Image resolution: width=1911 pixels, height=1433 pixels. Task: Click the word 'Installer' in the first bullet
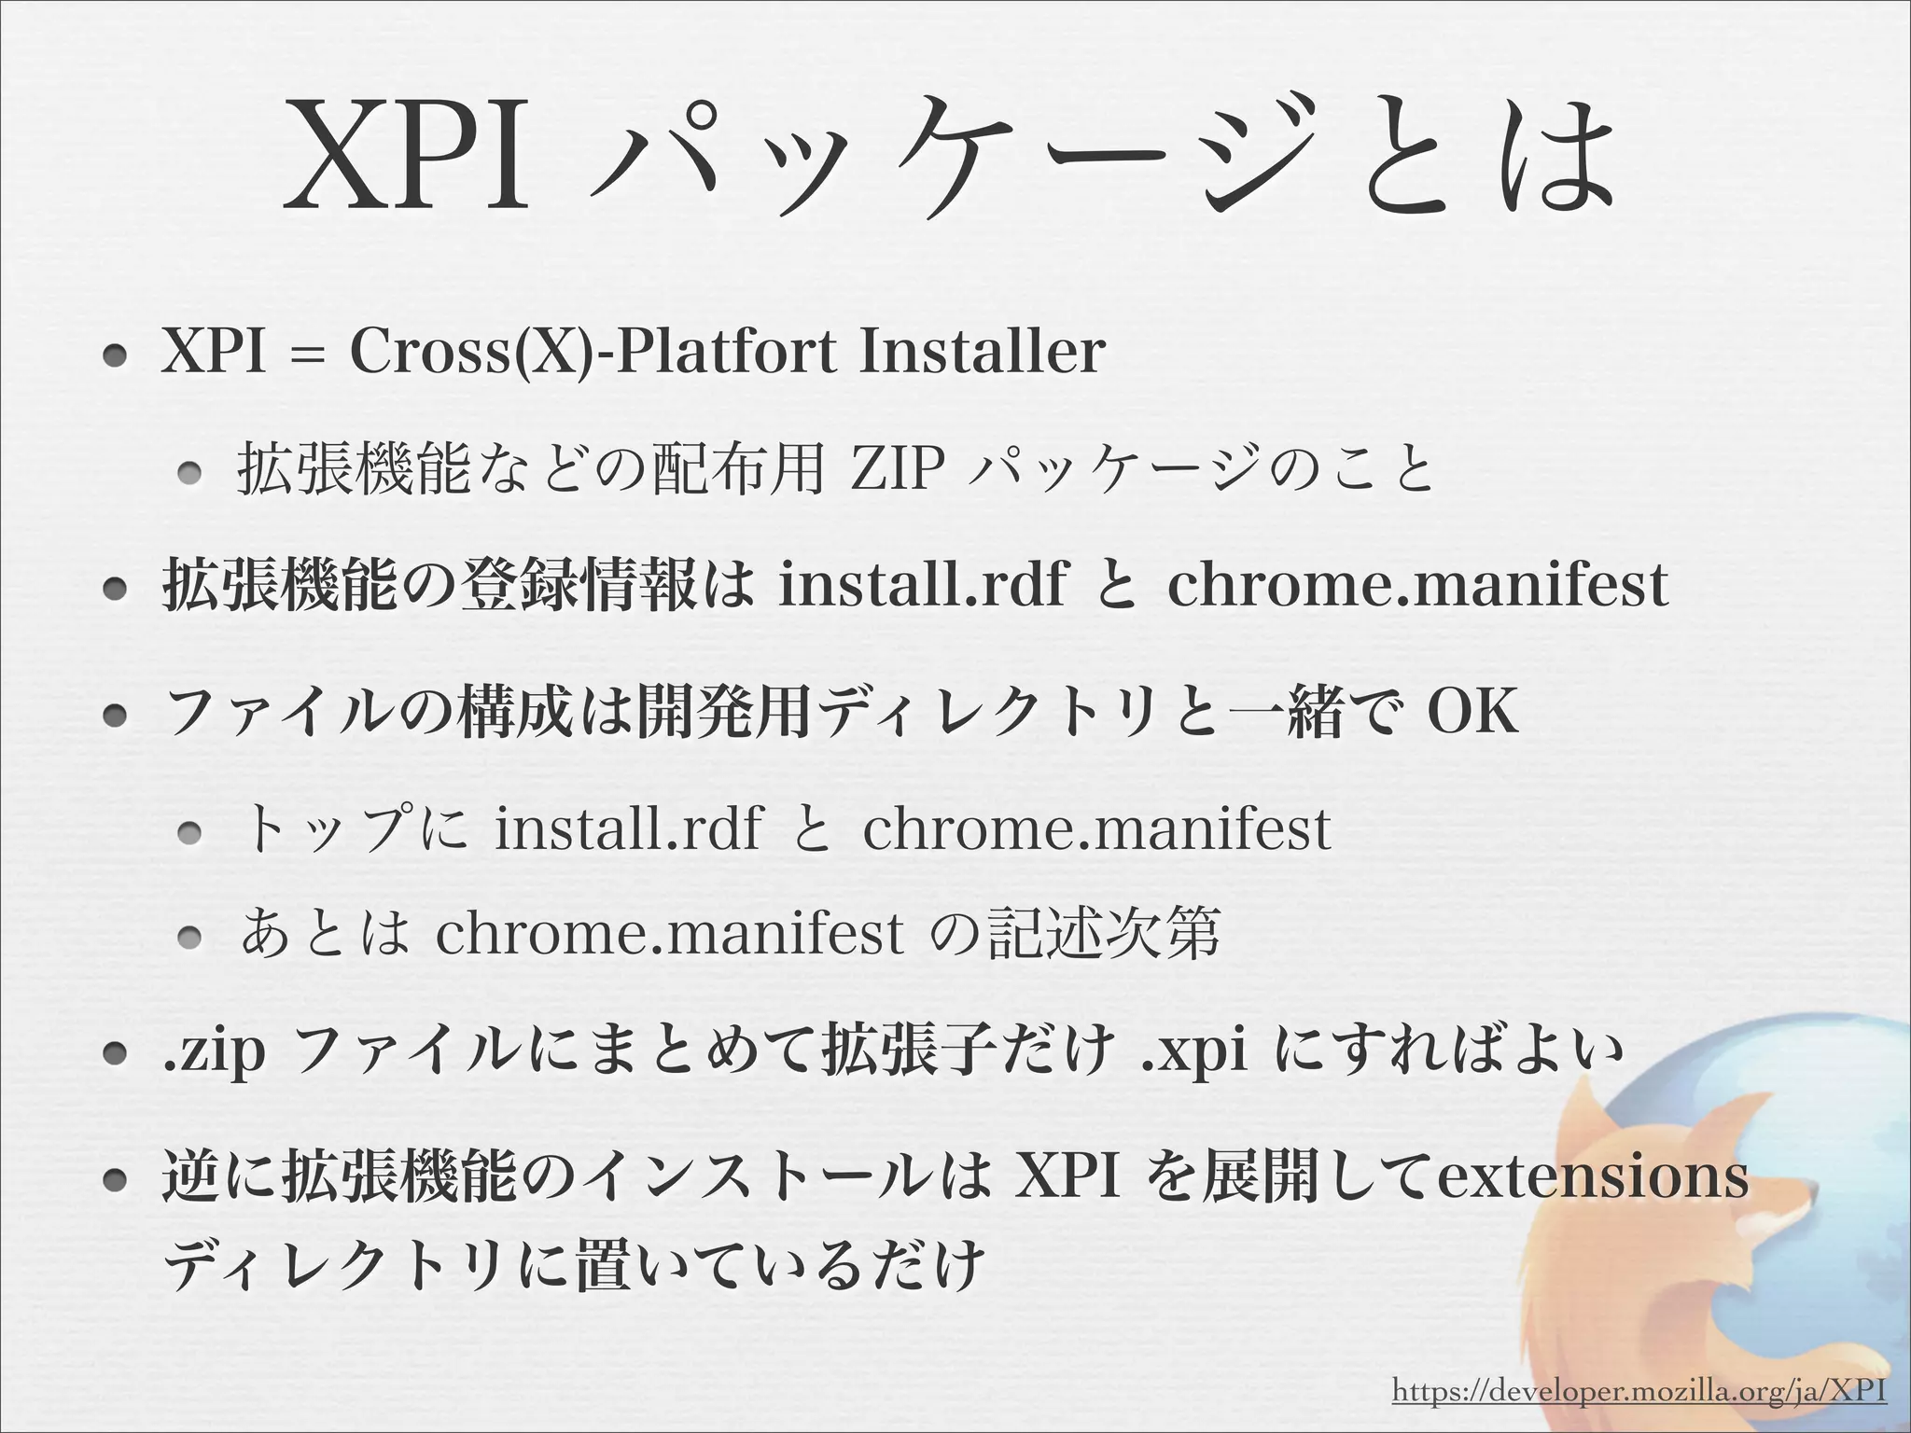coord(982,353)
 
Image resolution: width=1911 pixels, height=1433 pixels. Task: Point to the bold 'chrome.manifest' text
coord(1417,586)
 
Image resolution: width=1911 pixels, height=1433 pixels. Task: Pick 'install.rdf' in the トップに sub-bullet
coord(628,828)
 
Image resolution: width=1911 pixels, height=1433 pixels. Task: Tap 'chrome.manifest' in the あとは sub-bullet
coord(669,933)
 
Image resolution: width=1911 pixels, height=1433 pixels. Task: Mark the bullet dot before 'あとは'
coord(191,937)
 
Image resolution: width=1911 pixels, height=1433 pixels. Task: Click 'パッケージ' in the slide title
coord(934,154)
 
